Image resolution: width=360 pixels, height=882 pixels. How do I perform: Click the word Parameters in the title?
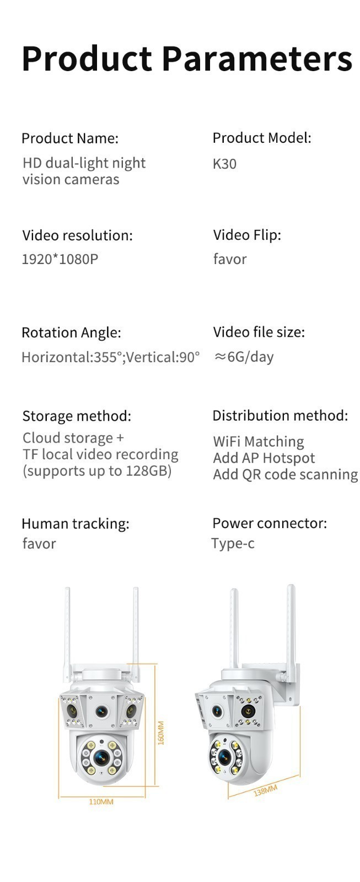click(x=257, y=58)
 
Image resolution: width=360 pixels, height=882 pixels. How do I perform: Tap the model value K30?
click(x=224, y=164)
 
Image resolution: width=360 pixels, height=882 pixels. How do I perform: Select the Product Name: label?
click(x=70, y=138)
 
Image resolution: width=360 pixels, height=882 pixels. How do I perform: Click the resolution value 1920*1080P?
click(x=60, y=259)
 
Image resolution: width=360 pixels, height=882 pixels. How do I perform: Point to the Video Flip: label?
click(x=248, y=235)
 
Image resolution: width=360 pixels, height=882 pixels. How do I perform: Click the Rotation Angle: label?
click(x=71, y=333)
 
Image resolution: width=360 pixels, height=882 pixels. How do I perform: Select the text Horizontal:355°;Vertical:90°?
click(x=111, y=357)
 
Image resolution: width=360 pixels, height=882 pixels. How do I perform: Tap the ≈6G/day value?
click(x=244, y=357)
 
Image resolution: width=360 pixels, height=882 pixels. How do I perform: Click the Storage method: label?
click(x=77, y=416)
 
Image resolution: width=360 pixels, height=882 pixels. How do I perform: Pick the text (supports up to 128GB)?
click(x=97, y=471)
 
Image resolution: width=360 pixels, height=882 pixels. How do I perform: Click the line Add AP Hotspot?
click(x=264, y=458)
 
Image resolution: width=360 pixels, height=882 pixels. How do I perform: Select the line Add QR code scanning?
click(x=286, y=475)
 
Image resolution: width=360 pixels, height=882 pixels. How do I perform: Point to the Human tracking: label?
click(x=76, y=524)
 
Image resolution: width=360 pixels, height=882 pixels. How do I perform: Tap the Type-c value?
click(x=233, y=544)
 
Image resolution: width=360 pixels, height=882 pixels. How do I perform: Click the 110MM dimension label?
click(x=101, y=802)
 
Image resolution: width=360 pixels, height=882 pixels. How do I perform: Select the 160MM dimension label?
click(x=160, y=733)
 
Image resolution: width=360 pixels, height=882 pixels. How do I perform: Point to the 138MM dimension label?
click(x=266, y=790)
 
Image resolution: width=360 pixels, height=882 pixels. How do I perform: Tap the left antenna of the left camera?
click(x=68, y=634)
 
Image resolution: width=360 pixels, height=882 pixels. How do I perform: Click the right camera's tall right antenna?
click(x=291, y=633)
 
